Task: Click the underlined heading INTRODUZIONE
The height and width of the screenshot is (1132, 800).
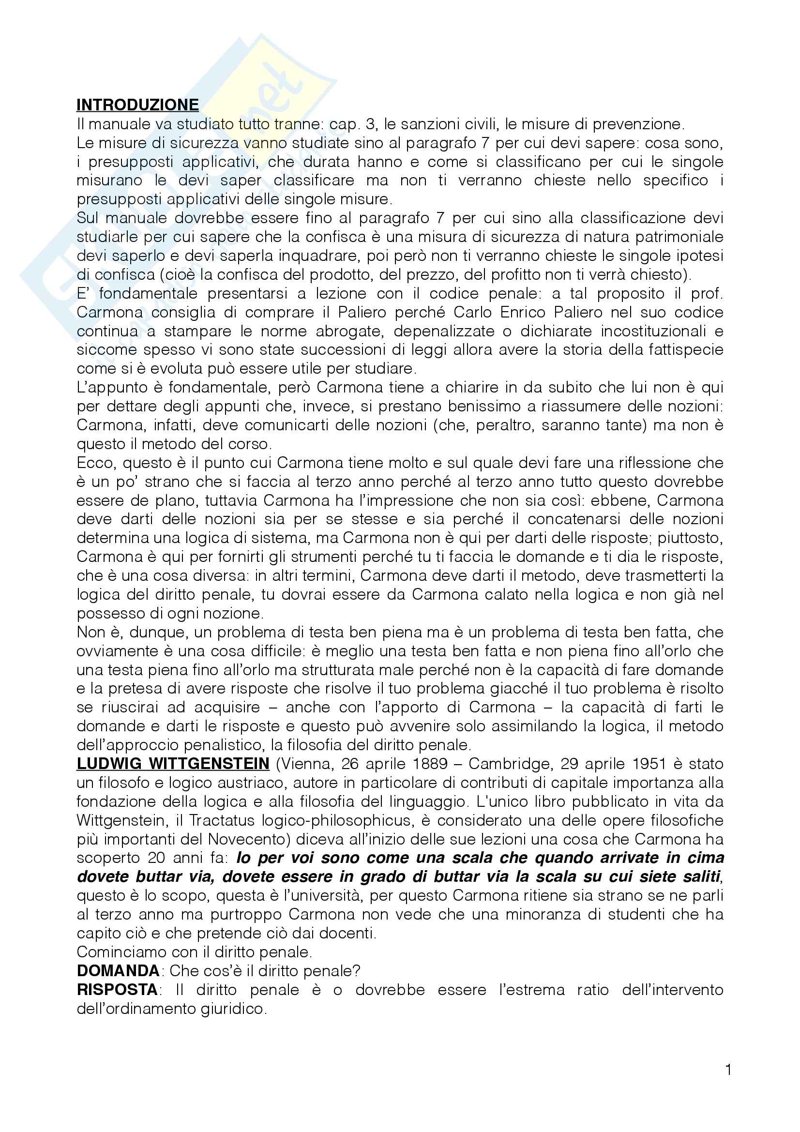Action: [137, 105]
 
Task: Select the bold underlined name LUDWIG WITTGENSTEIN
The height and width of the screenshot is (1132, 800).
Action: [173, 764]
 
